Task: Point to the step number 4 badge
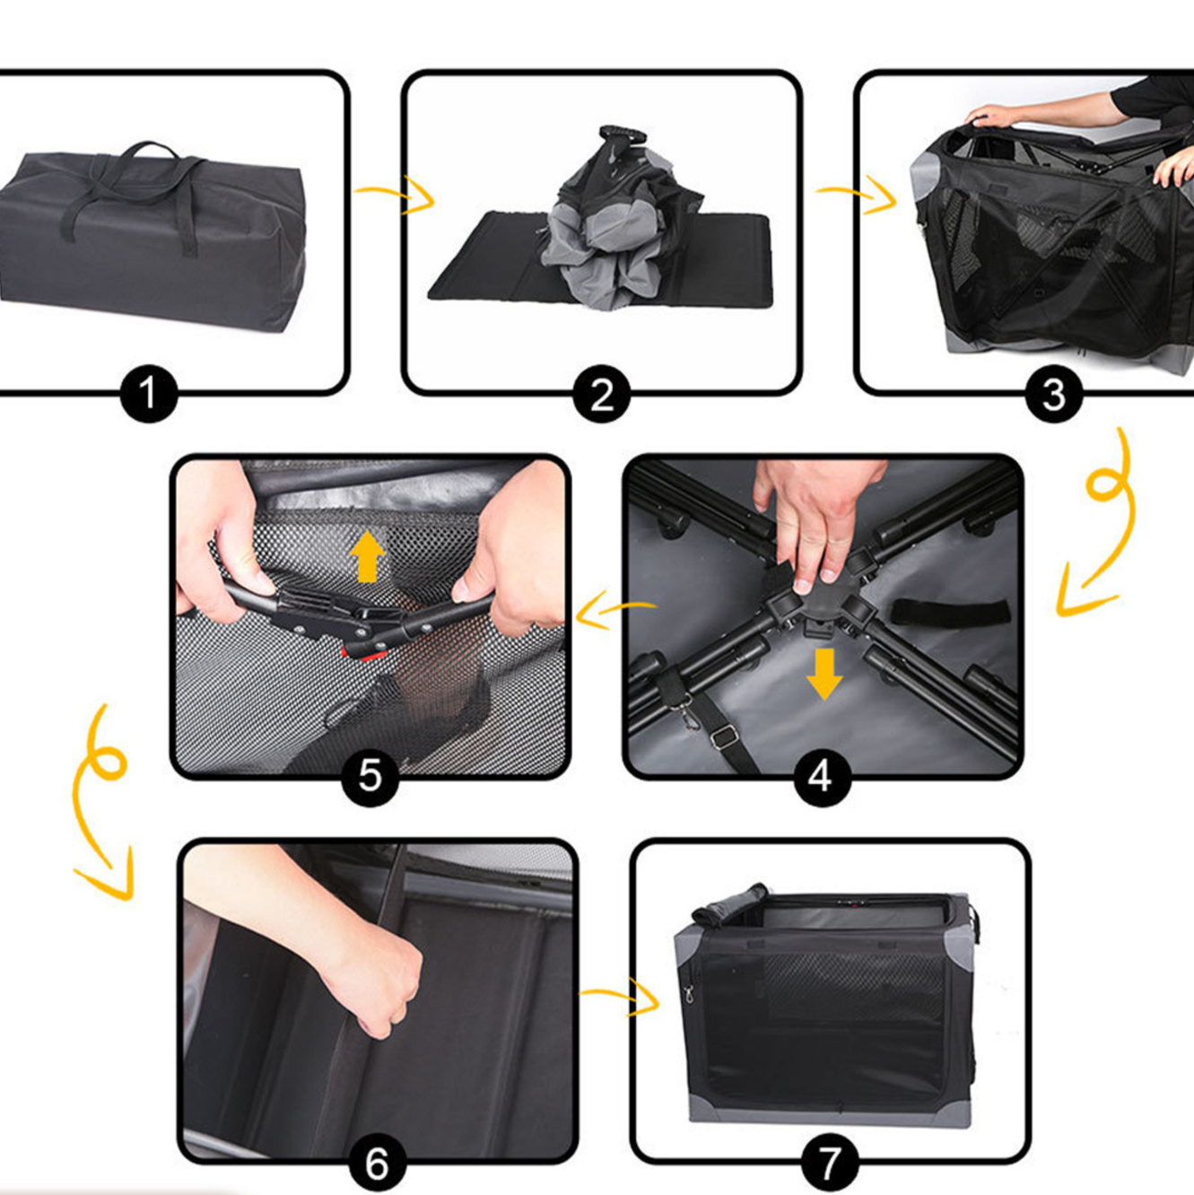[x=823, y=777]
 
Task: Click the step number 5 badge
[x=370, y=777]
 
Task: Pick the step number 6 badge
[x=377, y=1164]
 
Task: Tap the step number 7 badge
[x=830, y=1164]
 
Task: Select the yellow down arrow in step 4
[x=824, y=674]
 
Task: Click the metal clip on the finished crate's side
[x=687, y=994]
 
